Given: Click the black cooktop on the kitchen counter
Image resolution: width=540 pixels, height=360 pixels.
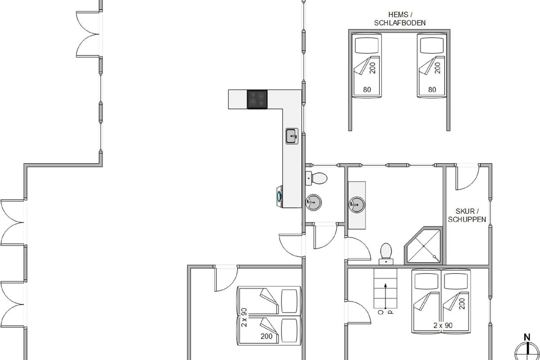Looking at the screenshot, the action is [257, 99].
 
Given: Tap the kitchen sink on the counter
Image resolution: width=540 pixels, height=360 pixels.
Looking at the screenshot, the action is [292, 136].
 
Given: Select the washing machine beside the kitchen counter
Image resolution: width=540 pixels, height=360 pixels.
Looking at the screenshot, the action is [280, 196].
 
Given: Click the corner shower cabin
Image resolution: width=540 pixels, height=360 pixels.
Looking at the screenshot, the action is [423, 245].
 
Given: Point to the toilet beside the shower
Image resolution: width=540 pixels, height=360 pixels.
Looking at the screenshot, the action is [386, 254].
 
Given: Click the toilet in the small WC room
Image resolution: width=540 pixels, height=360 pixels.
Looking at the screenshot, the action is [316, 178].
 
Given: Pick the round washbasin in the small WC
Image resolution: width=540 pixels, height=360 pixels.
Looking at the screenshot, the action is [313, 202].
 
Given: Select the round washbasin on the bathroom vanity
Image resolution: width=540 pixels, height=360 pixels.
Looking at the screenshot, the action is [357, 205].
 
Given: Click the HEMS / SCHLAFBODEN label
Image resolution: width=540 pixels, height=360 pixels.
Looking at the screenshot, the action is [400, 19].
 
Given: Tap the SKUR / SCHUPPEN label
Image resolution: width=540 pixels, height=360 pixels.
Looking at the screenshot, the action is [467, 215].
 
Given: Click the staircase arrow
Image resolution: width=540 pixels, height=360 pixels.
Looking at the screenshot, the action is [386, 296].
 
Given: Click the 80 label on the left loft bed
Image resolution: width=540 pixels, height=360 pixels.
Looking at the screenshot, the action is [367, 90].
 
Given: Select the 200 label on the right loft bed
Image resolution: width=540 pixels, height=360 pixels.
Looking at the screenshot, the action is [438, 68].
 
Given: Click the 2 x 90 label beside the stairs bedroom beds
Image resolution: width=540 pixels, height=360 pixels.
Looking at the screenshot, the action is [443, 325].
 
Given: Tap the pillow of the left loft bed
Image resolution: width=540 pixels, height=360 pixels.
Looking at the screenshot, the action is [367, 45].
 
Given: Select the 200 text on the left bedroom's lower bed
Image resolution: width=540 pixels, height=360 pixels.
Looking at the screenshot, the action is [266, 336].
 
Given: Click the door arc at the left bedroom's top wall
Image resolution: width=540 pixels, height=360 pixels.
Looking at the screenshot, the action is [226, 279].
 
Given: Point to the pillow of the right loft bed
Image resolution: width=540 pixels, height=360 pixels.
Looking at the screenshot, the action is [432, 45].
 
